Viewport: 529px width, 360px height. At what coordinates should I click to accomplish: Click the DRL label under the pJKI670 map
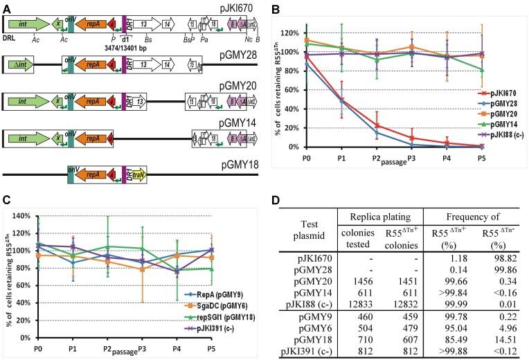coord(10,41)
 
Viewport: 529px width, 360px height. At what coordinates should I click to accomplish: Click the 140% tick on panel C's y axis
coord(13,215)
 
